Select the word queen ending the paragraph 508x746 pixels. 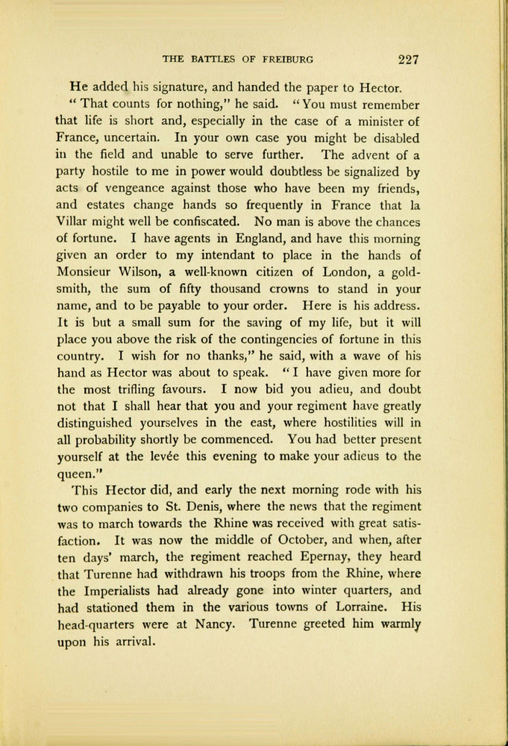click(x=74, y=472)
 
